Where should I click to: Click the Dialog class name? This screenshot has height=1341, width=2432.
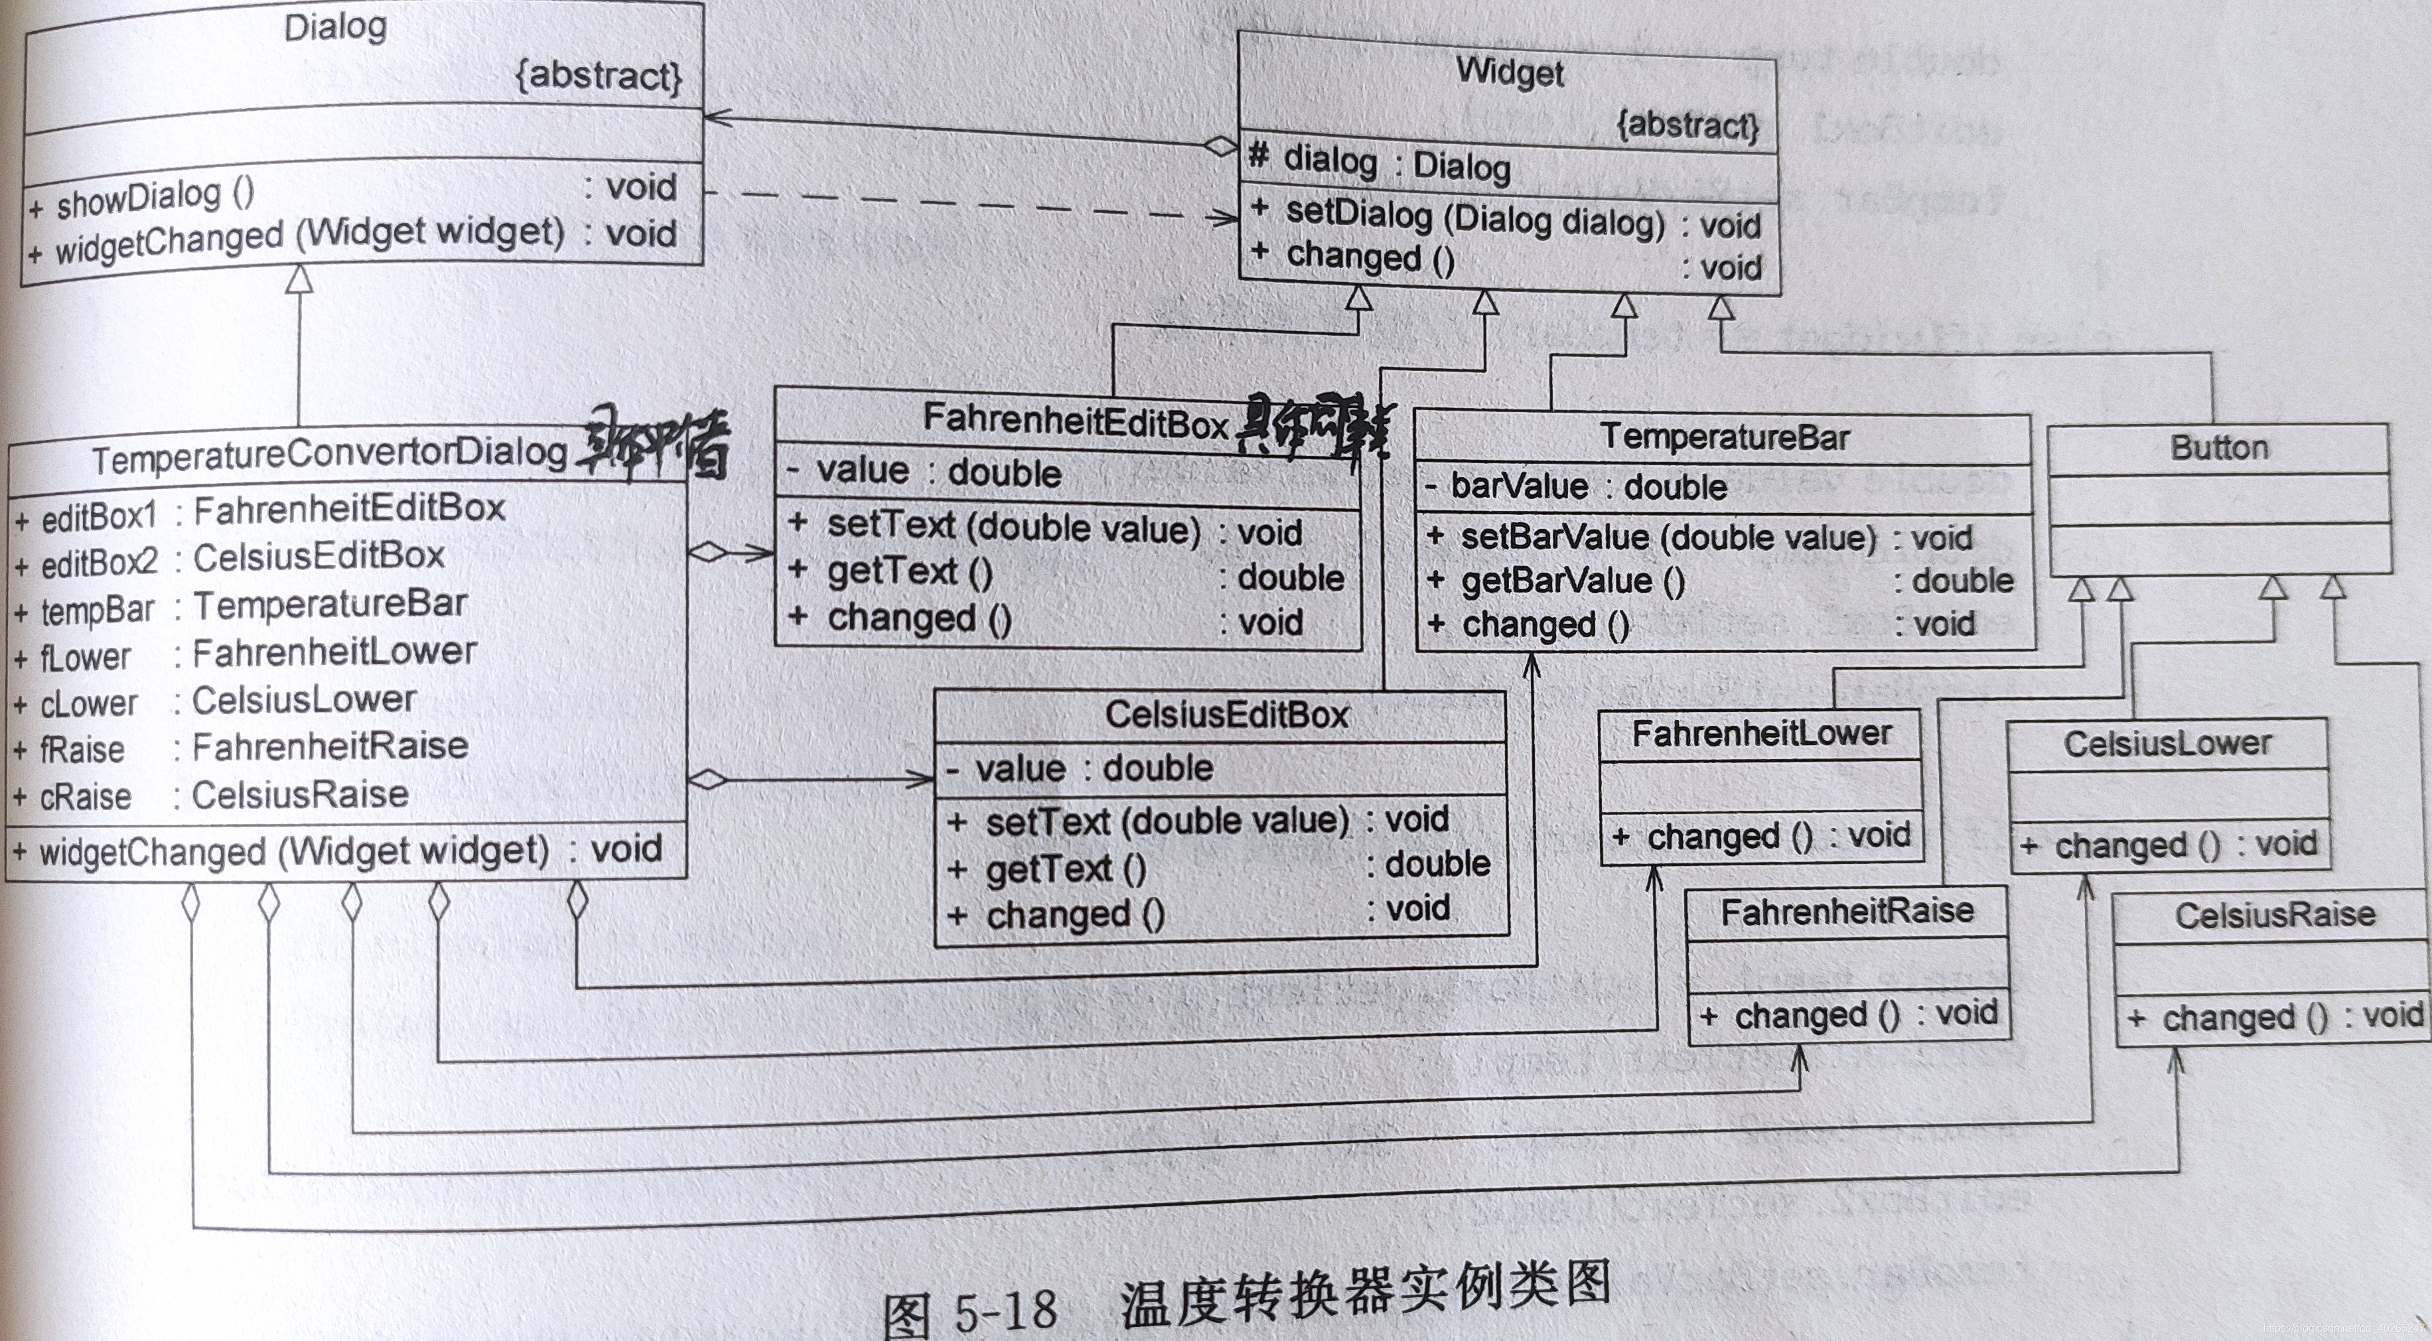click(x=335, y=27)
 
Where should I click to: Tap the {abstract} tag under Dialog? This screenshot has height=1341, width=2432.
click(x=599, y=74)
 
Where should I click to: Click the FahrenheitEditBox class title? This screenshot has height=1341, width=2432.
click(x=1074, y=419)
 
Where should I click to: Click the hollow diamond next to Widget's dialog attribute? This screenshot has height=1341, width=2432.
click(x=1220, y=147)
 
